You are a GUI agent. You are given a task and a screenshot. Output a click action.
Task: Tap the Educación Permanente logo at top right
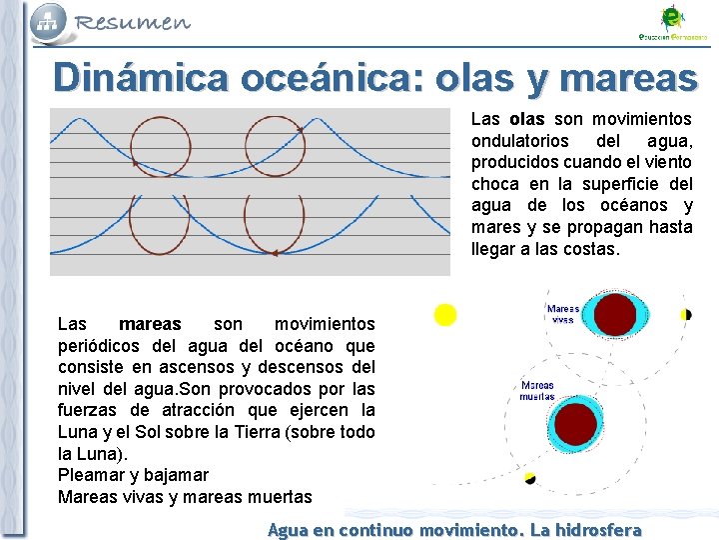coord(673,22)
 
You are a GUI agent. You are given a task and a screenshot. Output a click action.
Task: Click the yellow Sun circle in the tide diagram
coord(445,315)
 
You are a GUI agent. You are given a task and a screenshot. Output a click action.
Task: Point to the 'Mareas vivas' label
coord(563,315)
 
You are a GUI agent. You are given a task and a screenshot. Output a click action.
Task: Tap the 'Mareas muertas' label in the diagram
coord(537,391)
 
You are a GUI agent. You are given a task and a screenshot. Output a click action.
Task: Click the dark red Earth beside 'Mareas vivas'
coord(615,314)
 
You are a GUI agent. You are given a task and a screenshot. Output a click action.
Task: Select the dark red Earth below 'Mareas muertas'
coord(574,424)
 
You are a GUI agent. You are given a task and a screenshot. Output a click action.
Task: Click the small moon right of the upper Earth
coord(687,314)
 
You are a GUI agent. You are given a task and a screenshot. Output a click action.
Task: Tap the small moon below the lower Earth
coord(530,479)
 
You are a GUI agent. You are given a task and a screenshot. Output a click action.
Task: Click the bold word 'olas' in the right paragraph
coord(526,119)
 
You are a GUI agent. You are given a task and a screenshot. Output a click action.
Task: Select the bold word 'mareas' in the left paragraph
coord(150,324)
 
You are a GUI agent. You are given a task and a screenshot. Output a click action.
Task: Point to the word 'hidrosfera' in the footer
coord(598,530)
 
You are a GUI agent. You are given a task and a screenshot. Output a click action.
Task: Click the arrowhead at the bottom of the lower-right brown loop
coord(273,254)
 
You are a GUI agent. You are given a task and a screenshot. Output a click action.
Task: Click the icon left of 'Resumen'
coord(48,21)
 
